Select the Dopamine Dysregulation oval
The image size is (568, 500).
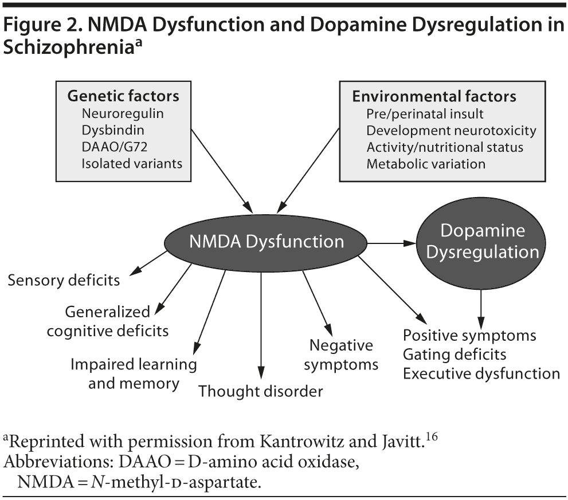point(481,241)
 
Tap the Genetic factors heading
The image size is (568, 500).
point(123,96)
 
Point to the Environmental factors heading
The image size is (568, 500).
point(434,96)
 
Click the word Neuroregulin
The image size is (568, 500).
point(122,113)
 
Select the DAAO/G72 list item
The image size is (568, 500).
point(115,147)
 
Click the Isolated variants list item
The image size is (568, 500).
point(132,163)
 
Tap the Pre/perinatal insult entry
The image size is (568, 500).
point(425,113)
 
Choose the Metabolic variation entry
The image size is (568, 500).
point(426,163)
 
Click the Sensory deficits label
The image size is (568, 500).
point(64,280)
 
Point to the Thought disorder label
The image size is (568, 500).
point(260,392)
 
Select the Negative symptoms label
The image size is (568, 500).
point(341,355)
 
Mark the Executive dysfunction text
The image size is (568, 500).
point(481,373)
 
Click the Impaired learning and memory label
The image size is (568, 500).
point(134,373)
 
